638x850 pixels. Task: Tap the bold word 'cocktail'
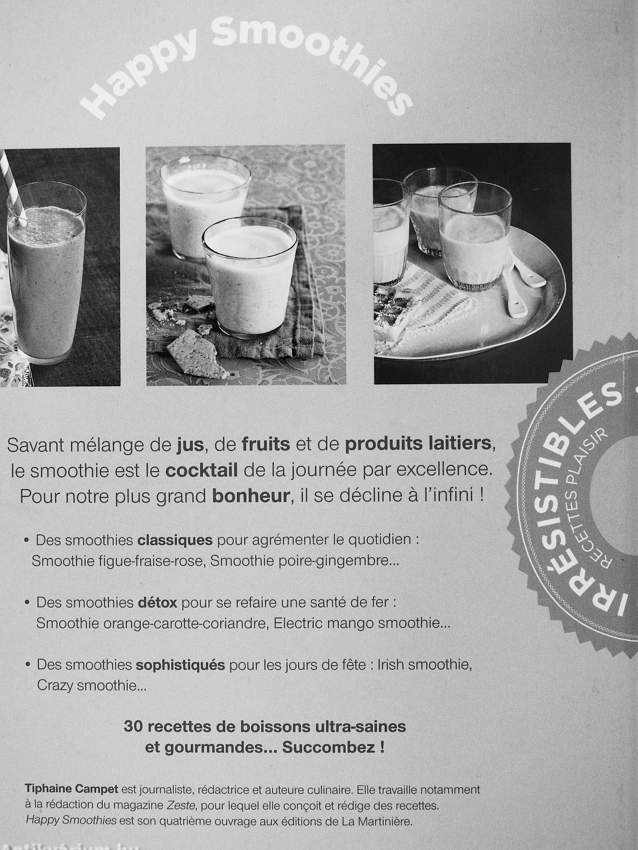[x=201, y=471]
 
